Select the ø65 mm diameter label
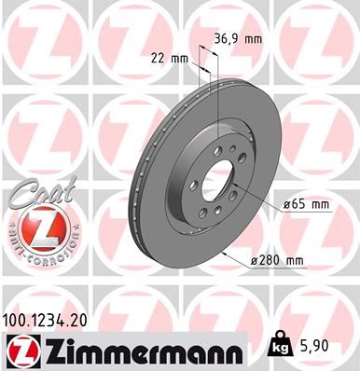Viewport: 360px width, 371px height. pos(306,203)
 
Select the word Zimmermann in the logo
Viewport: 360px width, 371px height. pos(141,350)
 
